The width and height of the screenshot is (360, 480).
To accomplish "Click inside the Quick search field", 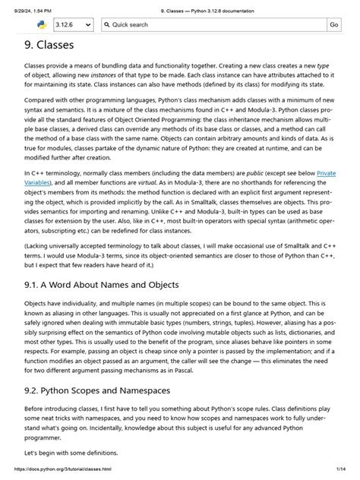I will [x=213, y=25].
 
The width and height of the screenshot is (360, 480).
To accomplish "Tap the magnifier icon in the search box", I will [x=107, y=25].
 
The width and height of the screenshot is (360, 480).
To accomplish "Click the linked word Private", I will [x=325, y=174].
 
